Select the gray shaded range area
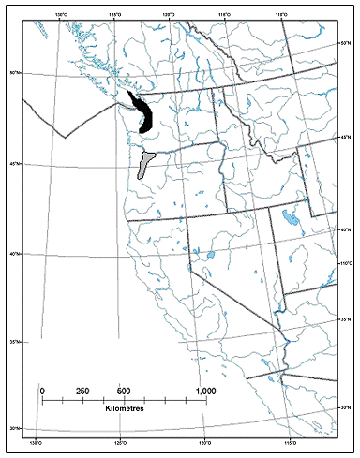tap(143, 165)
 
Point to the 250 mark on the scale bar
tap(82, 390)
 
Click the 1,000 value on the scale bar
tap(204, 390)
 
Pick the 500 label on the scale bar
tap(123, 390)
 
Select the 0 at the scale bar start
tap(42, 390)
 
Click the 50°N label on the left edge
tap(14, 72)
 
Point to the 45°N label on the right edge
tap(344, 138)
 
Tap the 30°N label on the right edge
tap(344, 407)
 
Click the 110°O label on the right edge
tap(344, 264)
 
